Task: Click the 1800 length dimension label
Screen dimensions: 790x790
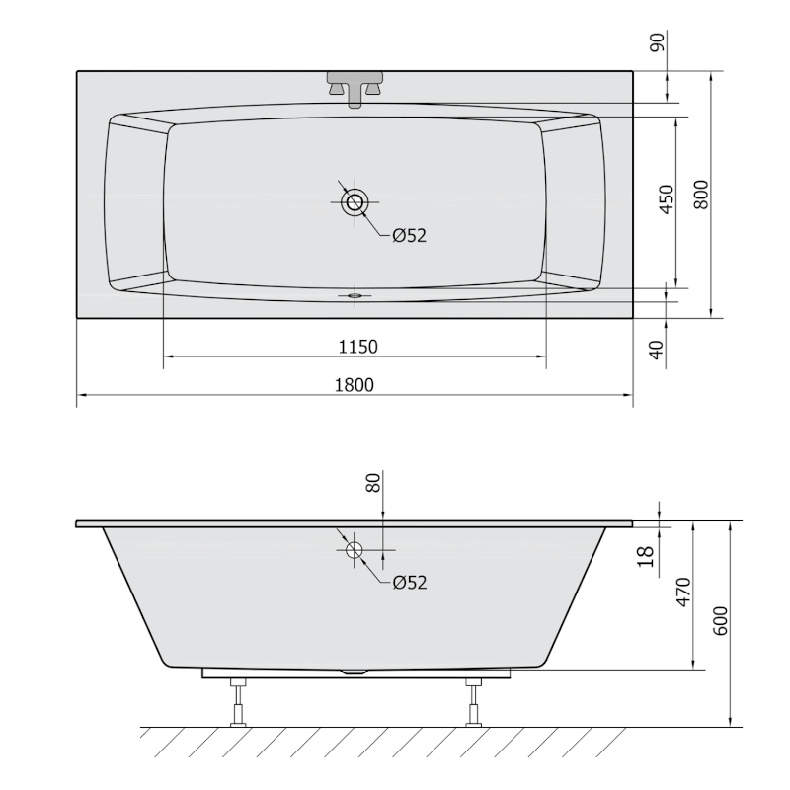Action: (355, 385)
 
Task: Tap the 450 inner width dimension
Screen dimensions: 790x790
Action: (667, 199)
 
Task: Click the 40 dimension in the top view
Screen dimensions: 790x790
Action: (659, 348)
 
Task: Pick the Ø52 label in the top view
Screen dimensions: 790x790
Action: (408, 235)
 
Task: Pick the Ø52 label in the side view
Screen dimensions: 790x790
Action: (408, 583)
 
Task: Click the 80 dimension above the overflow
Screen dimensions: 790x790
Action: (373, 483)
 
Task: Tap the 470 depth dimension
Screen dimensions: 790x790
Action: (683, 594)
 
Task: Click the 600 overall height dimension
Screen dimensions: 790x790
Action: (720, 620)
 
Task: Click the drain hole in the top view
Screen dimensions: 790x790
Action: (354, 203)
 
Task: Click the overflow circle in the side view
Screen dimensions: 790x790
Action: (354, 549)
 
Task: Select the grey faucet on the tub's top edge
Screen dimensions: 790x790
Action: (355, 85)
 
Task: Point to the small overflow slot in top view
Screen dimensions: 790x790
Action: (354, 293)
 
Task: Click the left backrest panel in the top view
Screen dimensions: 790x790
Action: (134, 203)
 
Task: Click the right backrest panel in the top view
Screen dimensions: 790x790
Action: (573, 203)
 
